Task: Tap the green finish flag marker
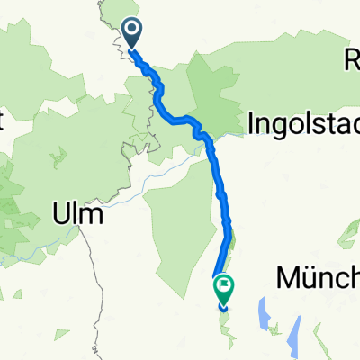coord(223,288)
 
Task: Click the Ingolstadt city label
coord(302,121)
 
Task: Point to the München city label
coord(317,277)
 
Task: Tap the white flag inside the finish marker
coord(223,287)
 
